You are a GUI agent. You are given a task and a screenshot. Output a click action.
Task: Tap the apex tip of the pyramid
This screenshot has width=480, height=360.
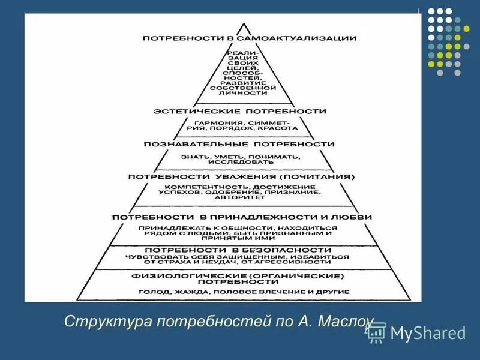coord(243,25)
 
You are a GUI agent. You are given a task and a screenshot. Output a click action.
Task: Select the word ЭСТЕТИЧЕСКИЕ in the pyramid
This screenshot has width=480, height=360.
coord(191,112)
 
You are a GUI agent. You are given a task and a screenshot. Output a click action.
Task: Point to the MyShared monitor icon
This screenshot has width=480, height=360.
coord(376,332)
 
